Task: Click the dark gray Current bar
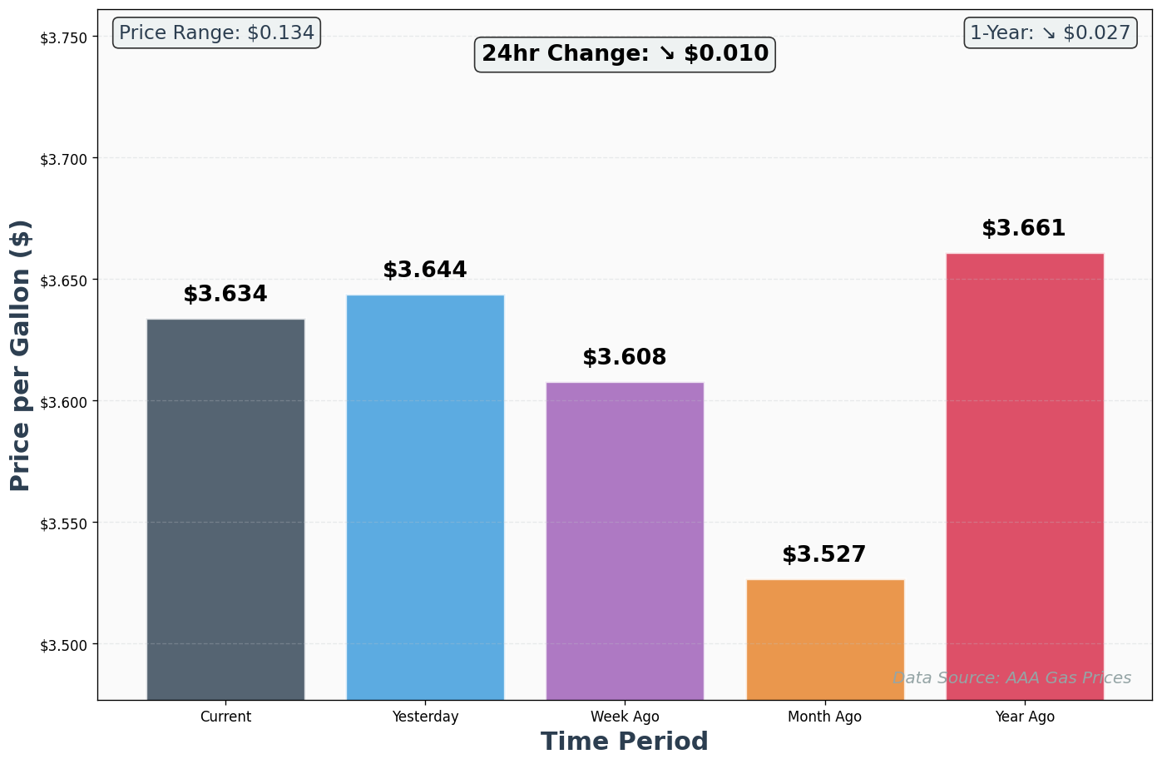(225, 509)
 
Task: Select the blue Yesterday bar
(425, 497)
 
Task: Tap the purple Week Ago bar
(625, 540)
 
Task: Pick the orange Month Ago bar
(825, 639)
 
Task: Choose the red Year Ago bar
(1025, 476)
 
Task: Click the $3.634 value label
(225, 295)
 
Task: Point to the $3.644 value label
(425, 270)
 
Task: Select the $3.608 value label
(625, 358)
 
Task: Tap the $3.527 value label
(824, 555)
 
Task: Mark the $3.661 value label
(1024, 229)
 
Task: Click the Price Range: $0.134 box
(216, 33)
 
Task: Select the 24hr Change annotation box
(625, 54)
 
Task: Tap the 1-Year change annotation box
(1050, 33)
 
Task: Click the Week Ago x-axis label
(625, 717)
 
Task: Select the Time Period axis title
(625, 742)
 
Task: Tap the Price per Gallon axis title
(21, 355)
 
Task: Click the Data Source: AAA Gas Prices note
(1011, 678)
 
